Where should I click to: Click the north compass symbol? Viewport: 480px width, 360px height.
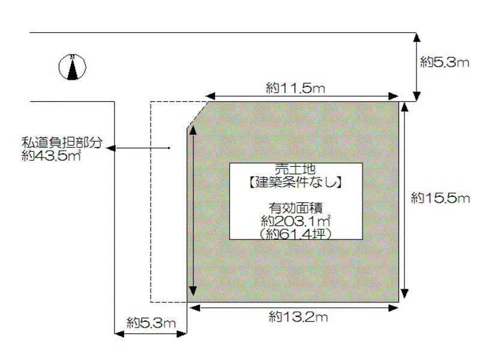click(72, 67)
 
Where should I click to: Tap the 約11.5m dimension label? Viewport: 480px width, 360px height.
click(295, 88)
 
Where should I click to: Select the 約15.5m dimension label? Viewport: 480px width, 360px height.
click(440, 198)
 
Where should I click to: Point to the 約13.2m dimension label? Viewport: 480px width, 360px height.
click(298, 317)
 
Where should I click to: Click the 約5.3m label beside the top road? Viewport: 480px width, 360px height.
click(445, 62)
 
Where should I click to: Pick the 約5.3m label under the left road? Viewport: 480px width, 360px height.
click(151, 323)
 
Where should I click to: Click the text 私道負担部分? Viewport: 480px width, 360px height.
click(62, 142)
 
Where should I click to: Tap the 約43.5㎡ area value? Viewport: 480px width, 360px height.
click(51, 156)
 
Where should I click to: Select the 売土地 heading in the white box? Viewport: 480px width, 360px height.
click(295, 169)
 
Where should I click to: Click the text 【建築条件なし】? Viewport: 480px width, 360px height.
click(295, 182)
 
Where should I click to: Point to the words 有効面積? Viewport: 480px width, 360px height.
click(296, 208)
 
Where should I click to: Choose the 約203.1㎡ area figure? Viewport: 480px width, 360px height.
click(296, 221)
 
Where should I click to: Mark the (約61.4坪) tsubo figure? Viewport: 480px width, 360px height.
click(295, 235)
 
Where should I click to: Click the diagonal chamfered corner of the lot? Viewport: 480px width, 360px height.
click(197, 114)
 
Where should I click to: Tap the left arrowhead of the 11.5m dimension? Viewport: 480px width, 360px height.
click(211, 96)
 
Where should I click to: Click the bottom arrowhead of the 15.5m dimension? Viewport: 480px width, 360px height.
click(404, 293)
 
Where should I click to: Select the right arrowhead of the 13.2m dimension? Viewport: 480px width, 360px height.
click(394, 308)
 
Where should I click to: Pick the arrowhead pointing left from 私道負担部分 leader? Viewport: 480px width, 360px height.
click(111, 148)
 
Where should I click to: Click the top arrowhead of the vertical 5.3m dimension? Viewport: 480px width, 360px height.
click(416, 38)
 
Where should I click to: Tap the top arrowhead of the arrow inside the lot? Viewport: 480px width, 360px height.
click(193, 130)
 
